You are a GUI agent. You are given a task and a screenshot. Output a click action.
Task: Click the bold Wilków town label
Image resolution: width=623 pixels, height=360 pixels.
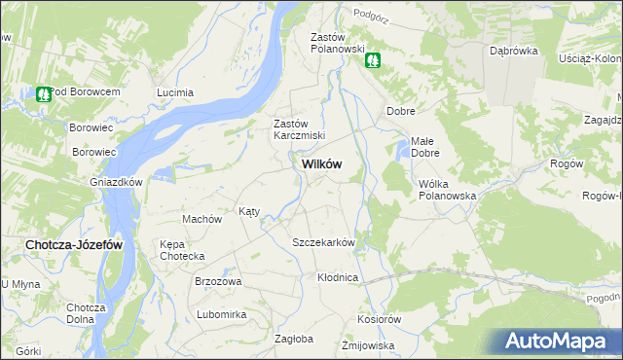tap(315, 164)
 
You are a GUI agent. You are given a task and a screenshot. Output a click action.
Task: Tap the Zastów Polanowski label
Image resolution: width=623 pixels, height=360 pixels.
tap(337, 43)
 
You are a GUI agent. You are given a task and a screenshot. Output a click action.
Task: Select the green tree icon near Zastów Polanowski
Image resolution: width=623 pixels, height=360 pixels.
tap(373, 61)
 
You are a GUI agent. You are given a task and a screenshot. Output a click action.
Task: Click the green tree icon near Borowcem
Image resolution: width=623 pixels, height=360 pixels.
tap(43, 94)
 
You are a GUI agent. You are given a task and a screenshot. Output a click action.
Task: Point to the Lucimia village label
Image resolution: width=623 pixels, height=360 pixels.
tap(175, 92)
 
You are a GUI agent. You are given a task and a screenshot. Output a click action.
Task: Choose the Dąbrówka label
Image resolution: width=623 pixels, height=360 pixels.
tap(514, 52)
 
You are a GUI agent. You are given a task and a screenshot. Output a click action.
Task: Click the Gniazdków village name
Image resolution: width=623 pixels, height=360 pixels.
tap(117, 182)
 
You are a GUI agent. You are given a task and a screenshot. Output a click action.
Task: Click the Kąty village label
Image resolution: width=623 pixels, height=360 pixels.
tap(249, 211)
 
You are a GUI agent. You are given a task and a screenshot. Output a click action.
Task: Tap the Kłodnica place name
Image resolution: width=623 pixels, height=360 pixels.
tap(338, 277)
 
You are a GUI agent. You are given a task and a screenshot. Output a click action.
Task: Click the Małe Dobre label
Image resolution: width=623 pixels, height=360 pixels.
tap(425, 147)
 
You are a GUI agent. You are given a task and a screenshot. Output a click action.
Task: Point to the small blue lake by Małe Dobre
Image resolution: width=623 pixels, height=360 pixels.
tap(402, 150)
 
